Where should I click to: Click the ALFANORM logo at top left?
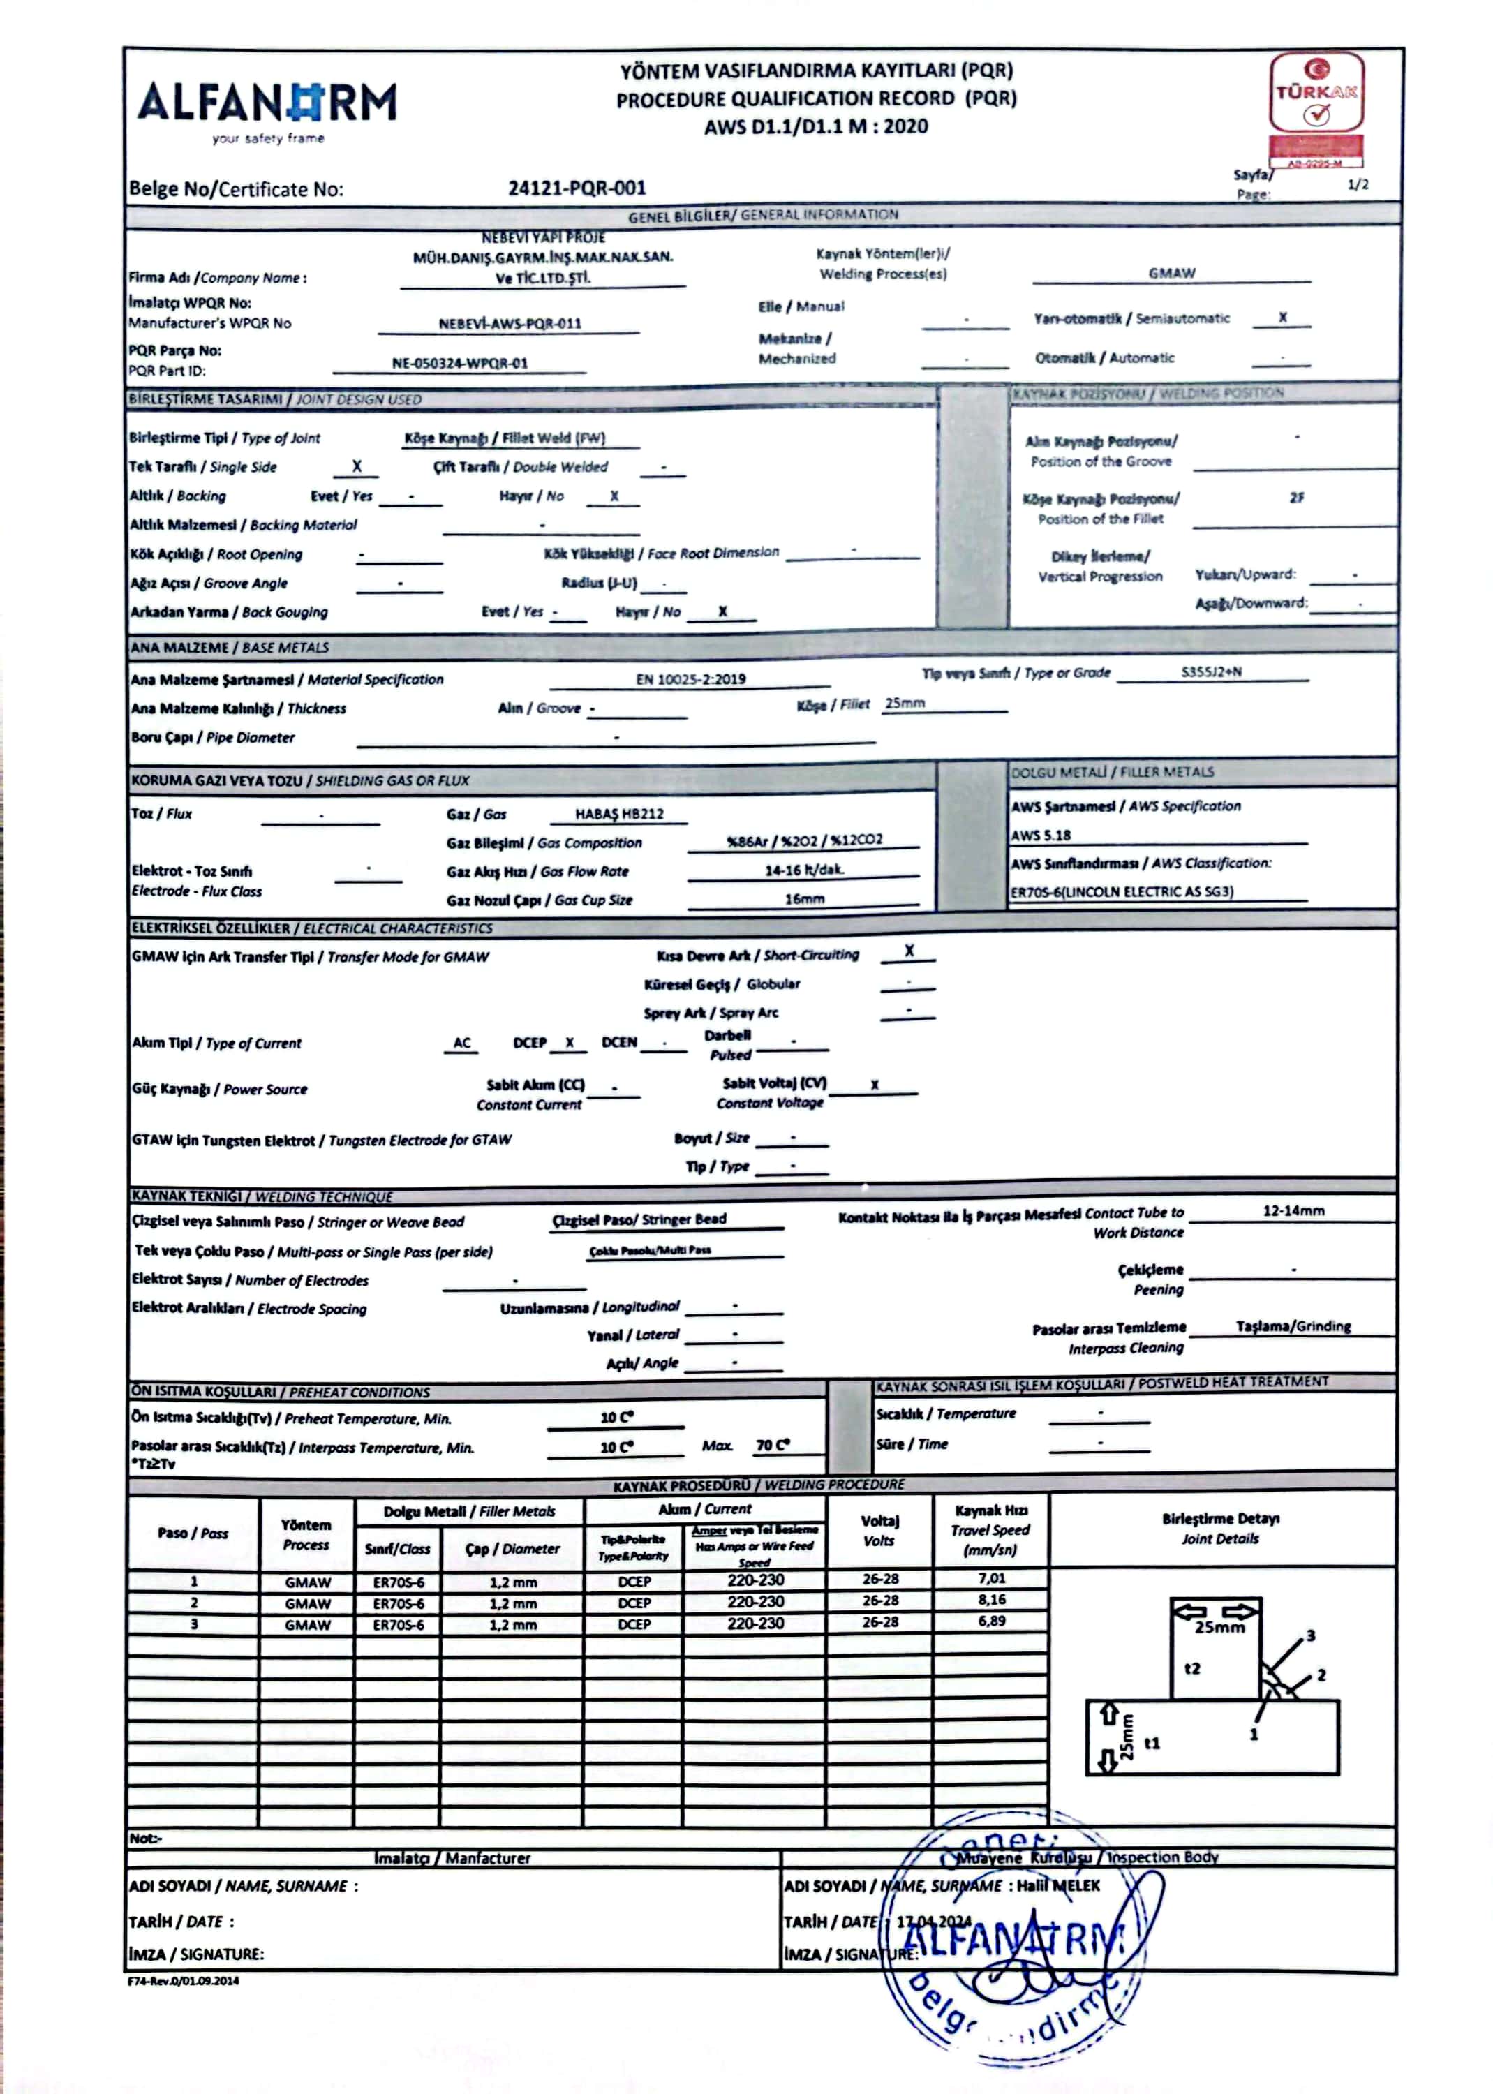point(267,105)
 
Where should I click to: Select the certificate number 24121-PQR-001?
point(577,188)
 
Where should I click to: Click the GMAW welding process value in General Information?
point(1171,273)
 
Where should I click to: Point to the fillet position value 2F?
point(1296,497)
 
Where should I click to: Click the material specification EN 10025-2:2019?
point(690,679)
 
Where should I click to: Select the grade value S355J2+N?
point(1211,672)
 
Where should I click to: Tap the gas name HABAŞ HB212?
point(618,813)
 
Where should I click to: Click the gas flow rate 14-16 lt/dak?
point(803,870)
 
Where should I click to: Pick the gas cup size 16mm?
point(804,899)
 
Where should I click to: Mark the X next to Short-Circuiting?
point(908,951)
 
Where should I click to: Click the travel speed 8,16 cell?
point(991,1599)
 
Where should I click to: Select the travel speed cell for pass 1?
point(991,1578)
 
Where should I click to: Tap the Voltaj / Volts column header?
point(879,1531)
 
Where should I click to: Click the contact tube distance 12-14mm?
point(1293,1210)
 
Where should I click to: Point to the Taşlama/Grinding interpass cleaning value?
point(1293,1326)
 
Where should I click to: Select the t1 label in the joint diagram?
point(1152,1743)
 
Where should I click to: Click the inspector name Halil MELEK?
point(1057,1885)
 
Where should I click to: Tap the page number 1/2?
point(1358,185)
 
